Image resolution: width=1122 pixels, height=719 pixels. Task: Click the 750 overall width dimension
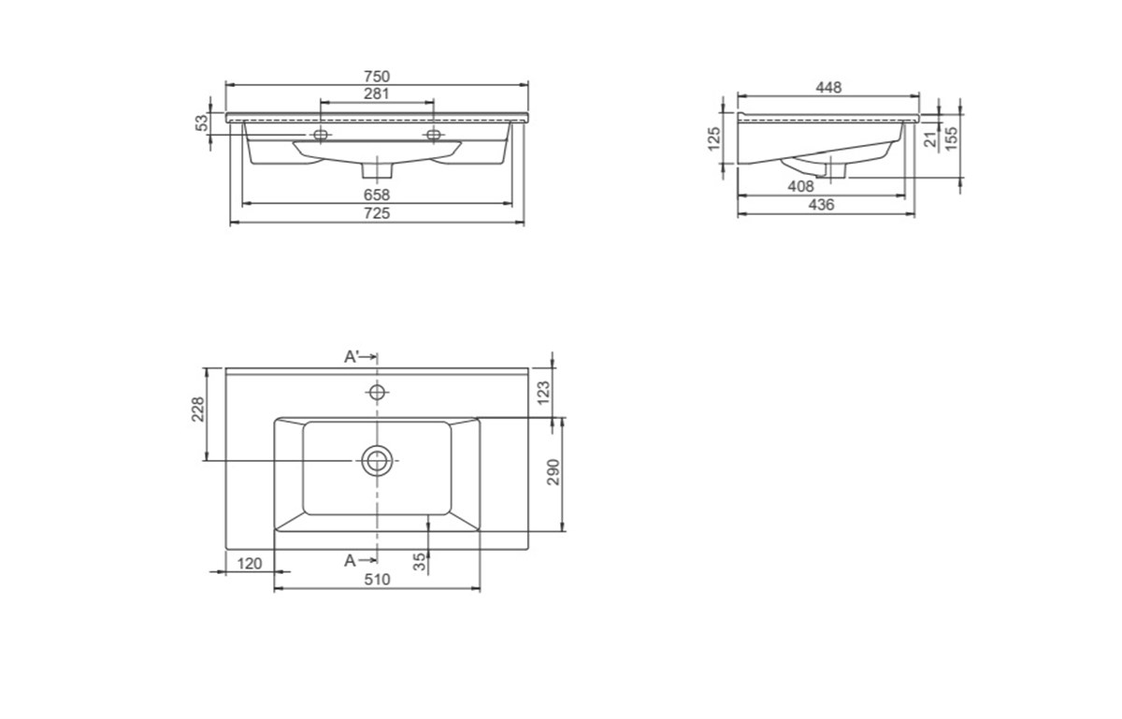pos(377,77)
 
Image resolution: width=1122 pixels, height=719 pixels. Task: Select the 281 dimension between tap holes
pos(377,93)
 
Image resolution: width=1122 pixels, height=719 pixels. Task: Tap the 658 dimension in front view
pos(377,194)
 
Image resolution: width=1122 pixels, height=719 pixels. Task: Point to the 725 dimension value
pos(377,213)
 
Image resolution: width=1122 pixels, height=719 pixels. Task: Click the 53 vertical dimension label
pos(201,122)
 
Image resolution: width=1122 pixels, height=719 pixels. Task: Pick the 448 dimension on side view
pos(829,88)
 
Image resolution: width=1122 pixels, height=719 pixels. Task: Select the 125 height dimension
pos(713,138)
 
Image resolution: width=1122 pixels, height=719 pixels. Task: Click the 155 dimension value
pos(951,138)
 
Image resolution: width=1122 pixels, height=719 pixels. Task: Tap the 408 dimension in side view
pos(801,186)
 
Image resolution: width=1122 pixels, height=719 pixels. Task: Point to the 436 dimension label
pos(822,205)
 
